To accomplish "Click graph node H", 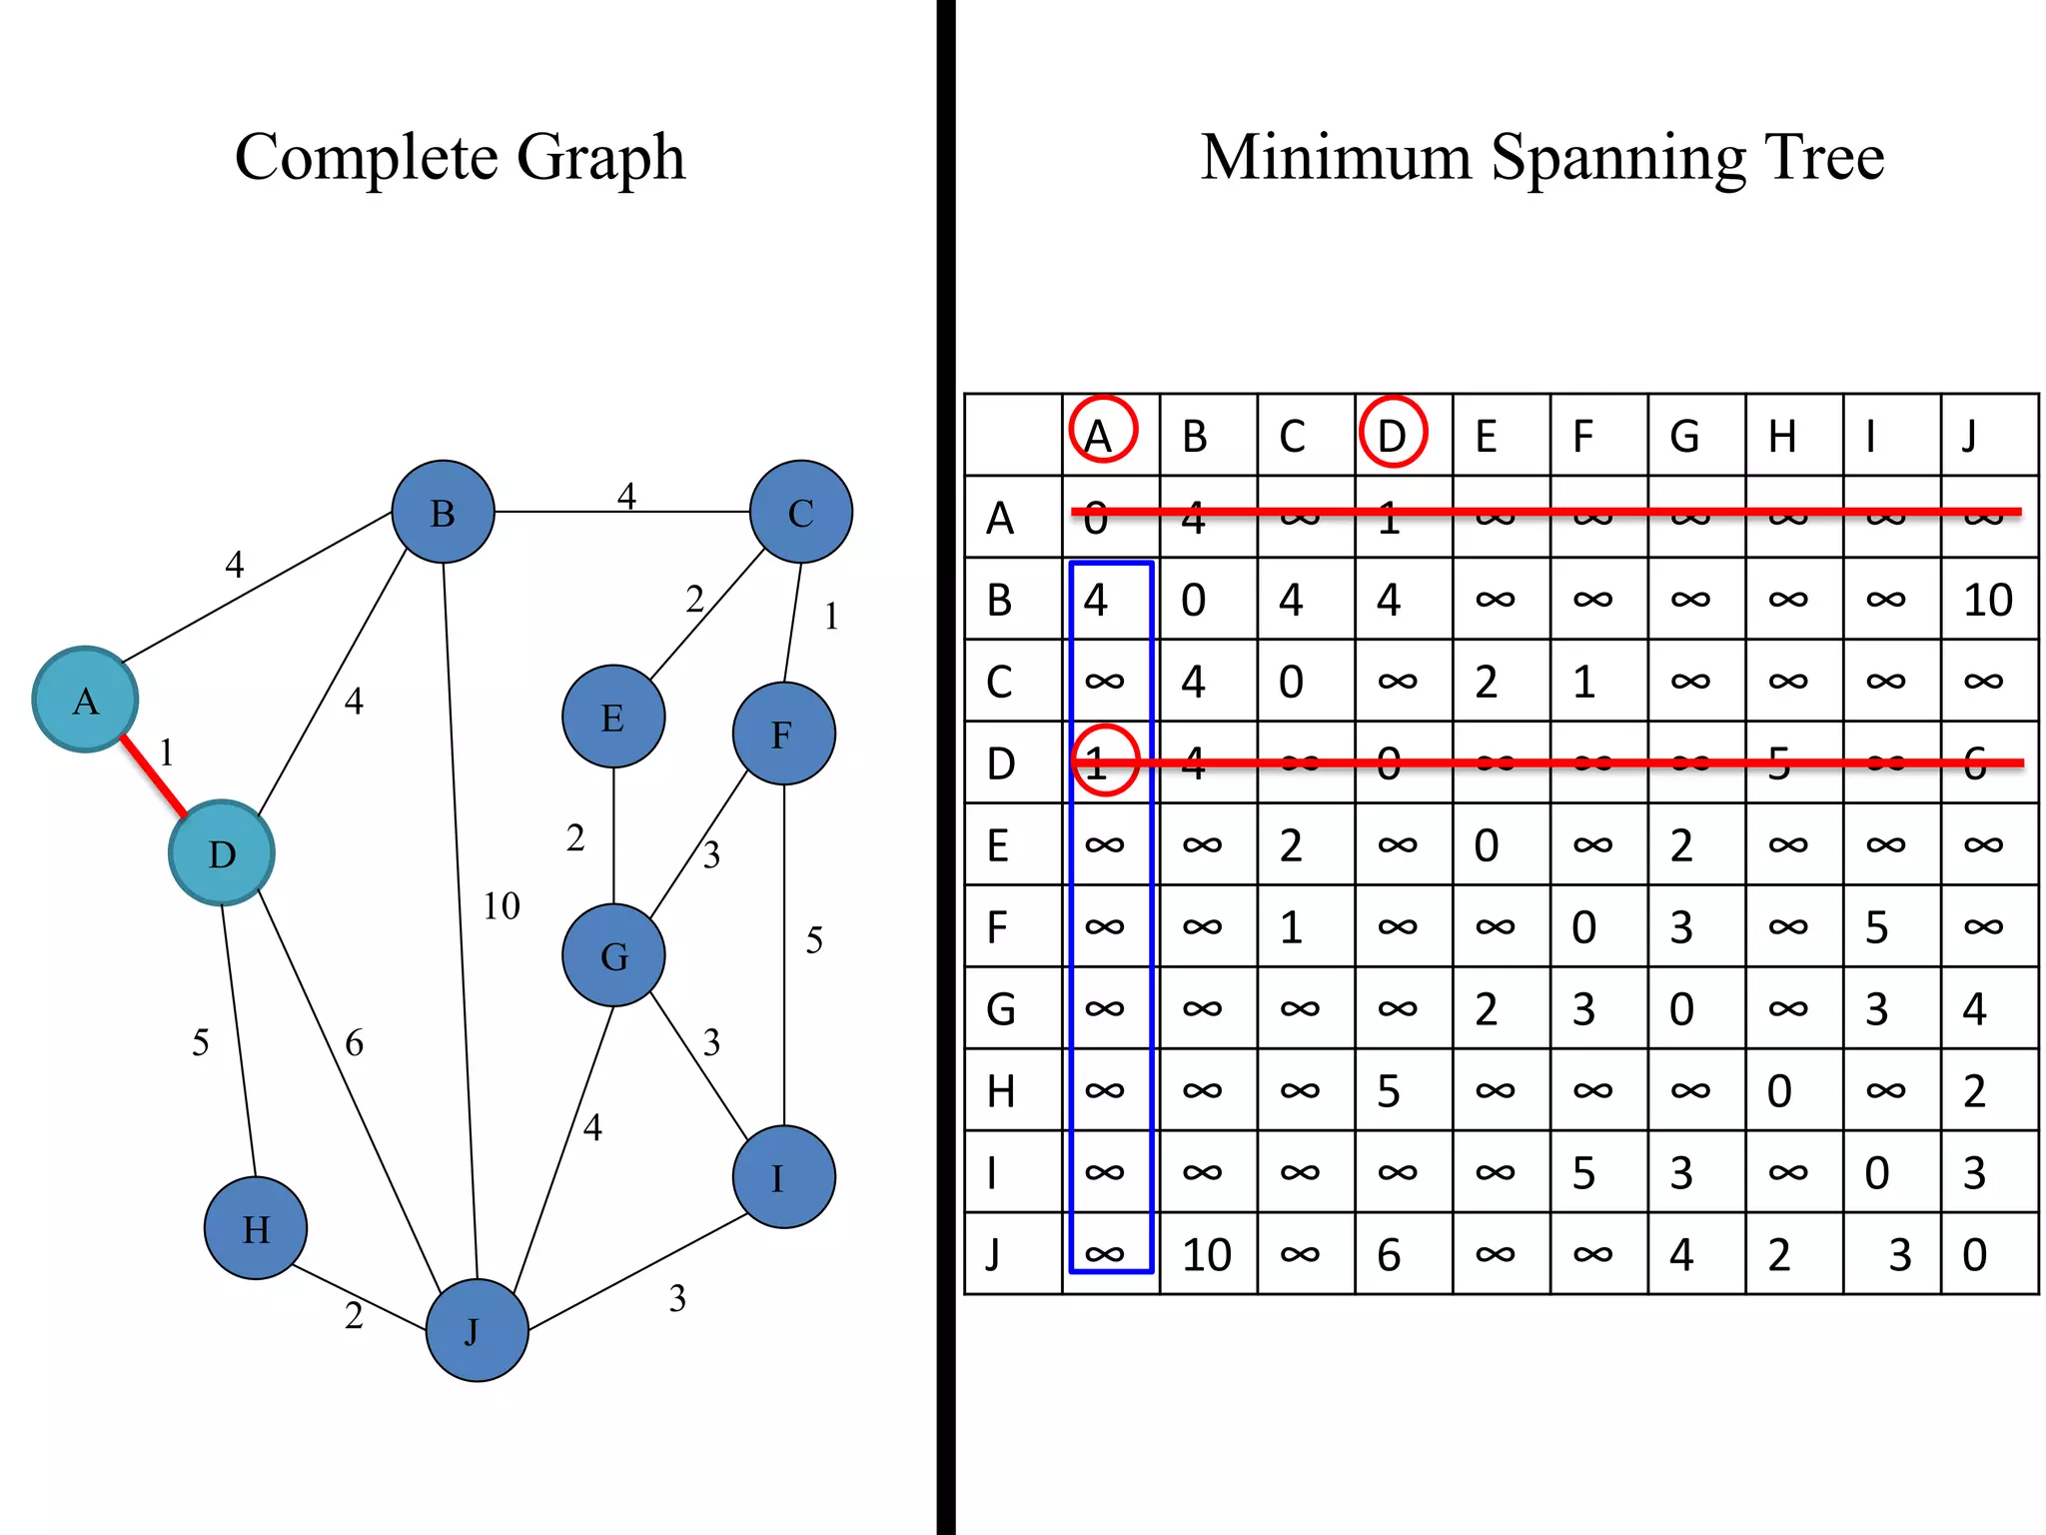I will tap(256, 1228).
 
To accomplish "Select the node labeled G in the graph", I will tap(613, 955).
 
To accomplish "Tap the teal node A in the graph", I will tap(85, 700).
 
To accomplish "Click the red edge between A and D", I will tap(154, 776).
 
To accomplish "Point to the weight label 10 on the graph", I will tap(502, 906).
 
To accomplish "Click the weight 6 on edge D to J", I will tap(354, 1043).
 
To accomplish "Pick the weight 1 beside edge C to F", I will tap(831, 617).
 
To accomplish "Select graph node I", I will tap(783, 1177).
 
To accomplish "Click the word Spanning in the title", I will tap(1618, 158).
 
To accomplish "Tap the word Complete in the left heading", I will tap(365, 158).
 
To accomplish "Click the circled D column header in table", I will tap(1392, 434).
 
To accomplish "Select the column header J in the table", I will tap(1970, 436).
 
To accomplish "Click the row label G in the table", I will tap(1001, 1008).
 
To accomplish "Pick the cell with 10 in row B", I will tap(1988, 600).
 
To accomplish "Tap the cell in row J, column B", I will tap(1207, 1254).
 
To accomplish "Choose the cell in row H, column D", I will tap(1389, 1090).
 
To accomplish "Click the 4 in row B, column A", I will tap(1096, 600).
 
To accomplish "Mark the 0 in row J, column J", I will tap(1974, 1254).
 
